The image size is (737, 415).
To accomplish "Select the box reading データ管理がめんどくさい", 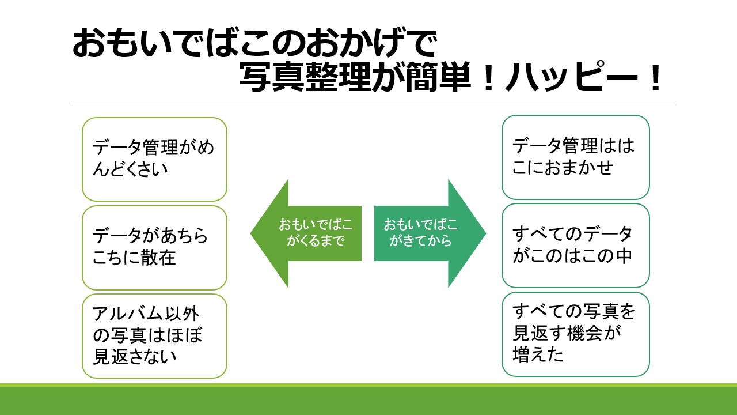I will tap(154, 159).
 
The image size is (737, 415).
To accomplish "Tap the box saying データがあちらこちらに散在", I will tap(154, 247).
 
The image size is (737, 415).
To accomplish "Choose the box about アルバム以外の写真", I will tap(154, 335).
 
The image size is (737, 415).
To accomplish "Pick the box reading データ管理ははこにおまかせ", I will tap(575, 157).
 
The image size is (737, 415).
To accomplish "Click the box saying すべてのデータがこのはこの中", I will tap(575, 245).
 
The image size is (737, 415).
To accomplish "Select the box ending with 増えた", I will tap(575, 334).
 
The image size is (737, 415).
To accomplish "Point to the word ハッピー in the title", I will tap(564, 80).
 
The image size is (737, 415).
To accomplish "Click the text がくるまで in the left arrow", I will tap(316, 242).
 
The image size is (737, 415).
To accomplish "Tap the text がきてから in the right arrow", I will tap(421, 242).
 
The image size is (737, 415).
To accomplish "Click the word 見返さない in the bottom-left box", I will tap(135, 357).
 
